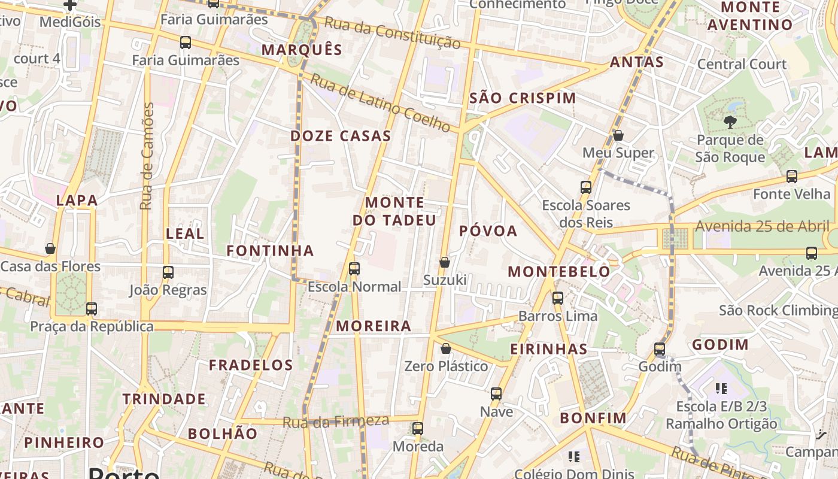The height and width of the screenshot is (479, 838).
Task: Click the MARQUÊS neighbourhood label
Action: coord(302,50)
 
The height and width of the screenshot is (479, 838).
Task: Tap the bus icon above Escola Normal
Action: coord(354,269)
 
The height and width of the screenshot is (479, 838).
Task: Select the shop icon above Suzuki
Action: coord(445,262)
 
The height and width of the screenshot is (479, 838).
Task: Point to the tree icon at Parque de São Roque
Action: coord(730,123)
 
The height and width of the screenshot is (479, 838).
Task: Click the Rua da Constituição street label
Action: coord(392,34)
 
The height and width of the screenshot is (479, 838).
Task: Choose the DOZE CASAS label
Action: coord(341,136)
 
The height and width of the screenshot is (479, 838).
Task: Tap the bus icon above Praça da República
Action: coord(92,309)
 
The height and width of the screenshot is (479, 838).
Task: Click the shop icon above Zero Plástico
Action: coord(446,348)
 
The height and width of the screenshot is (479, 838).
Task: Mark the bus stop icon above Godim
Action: coord(660,348)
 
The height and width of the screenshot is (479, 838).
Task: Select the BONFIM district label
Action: coord(593,418)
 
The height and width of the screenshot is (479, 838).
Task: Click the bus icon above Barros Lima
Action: coord(558,298)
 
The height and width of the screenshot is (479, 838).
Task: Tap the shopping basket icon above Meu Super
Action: coord(618,135)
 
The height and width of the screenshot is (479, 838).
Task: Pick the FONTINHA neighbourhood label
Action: coord(270,251)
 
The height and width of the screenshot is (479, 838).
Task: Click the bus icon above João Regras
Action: coord(168,272)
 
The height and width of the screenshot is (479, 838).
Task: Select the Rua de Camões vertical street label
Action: coord(147,156)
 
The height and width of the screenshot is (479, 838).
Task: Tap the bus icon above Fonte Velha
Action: coord(792,177)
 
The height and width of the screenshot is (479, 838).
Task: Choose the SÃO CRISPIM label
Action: coord(523,98)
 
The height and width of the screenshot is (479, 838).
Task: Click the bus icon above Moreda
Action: coord(418,429)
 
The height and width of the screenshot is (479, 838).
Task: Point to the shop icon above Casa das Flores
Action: coord(50,248)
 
